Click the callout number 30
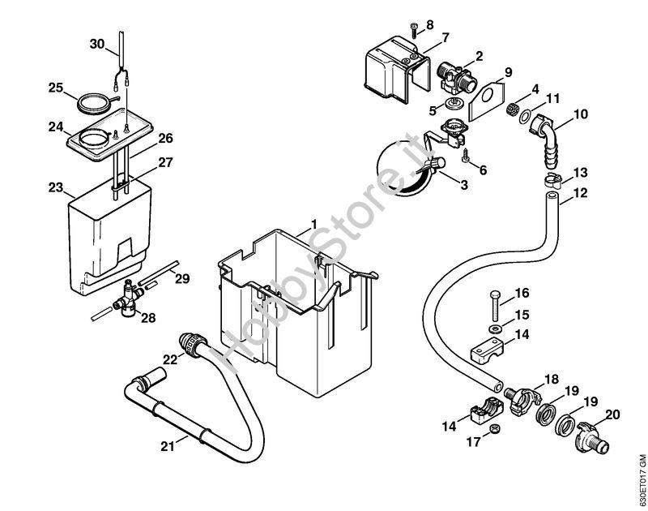pos(97,45)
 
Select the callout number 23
pos(55,187)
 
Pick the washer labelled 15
pos(494,329)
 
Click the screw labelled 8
pos(414,32)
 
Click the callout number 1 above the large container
pos(313,224)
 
